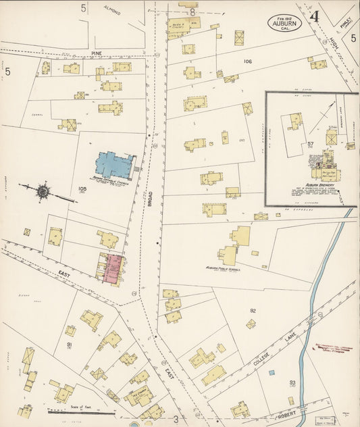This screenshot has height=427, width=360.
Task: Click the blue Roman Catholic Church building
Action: tap(115, 164)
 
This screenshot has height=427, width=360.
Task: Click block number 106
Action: tap(247, 61)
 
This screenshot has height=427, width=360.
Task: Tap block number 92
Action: tap(253, 311)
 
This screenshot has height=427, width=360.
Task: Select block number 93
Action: tap(292, 382)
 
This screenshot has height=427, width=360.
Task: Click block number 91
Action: tap(70, 345)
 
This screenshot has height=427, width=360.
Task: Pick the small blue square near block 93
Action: tap(272, 372)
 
